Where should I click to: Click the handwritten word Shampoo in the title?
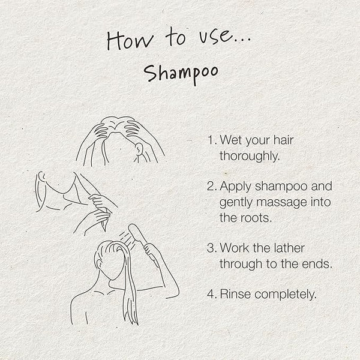tap(181, 74)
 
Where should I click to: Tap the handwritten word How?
tap(130, 40)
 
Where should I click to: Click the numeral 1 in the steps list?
tap(210, 140)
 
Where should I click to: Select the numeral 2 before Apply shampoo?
tap(211, 186)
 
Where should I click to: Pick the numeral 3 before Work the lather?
tap(211, 248)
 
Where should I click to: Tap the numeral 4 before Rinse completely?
tap(211, 294)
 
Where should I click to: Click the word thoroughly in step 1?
tap(250, 157)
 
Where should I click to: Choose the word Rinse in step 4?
tap(235, 294)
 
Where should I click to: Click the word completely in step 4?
tap(284, 295)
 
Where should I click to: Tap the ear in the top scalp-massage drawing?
tap(139, 149)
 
